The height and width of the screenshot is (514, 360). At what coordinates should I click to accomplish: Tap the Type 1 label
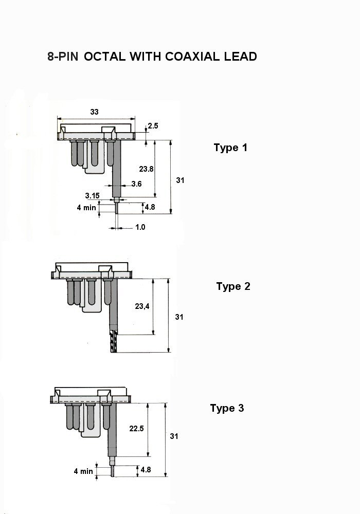[x=230, y=148]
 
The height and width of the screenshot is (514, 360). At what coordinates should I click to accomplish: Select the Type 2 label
[x=233, y=286]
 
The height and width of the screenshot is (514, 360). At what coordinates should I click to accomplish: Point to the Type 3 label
[x=227, y=408]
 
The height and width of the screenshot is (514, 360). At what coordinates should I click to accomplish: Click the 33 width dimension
[x=94, y=112]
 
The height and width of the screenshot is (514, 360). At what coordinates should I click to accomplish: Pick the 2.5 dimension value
[x=153, y=126]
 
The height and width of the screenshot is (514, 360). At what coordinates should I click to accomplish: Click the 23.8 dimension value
[x=146, y=169]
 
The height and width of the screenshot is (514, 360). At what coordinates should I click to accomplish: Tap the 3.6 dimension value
[x=136, y=184]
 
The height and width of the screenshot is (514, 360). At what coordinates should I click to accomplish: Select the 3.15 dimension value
[x=92, y=196]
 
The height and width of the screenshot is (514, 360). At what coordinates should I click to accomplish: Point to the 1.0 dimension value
[x=140, y=227]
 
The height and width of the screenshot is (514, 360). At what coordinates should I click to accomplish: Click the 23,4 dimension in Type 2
[x=142, y=306]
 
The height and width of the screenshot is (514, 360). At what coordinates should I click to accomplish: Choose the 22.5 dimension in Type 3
[x=136, y=429]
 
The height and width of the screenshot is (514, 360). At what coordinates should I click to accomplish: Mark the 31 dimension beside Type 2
[x=179, y=317]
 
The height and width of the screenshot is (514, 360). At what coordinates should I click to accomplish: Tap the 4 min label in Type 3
[x=83, y=471]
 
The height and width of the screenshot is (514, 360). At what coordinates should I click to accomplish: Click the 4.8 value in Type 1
[x=150, y=207]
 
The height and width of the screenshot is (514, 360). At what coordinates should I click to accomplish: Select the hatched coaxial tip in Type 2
[x=114, y=341]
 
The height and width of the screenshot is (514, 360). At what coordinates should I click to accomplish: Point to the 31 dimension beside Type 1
[x=180, y=180]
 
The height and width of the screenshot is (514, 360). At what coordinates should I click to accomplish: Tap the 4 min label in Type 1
[x=86, y=208]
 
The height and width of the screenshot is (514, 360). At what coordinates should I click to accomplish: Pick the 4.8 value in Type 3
[x=146, y=470]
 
